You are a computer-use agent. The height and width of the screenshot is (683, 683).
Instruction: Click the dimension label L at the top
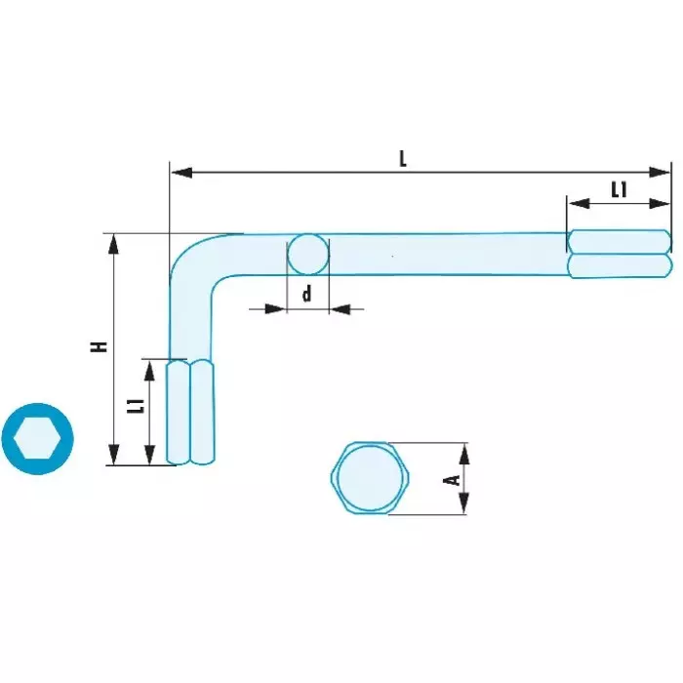point(403,159)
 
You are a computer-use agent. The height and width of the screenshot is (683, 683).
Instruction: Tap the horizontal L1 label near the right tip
point(619,190)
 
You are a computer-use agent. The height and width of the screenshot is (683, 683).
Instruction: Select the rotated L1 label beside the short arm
point(139,406)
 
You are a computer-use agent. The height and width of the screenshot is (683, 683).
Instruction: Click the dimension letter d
point(307,294)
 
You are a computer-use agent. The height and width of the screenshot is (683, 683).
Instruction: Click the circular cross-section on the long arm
point(308,255)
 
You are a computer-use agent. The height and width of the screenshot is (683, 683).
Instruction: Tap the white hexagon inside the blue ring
point(37,439)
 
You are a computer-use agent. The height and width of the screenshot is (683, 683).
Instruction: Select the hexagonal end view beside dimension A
point(370,478)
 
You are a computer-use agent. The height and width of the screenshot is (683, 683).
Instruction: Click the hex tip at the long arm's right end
point(620,254)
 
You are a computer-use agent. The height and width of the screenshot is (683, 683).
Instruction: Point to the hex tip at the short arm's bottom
point(190,412)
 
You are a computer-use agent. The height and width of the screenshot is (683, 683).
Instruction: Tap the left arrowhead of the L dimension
point(181,172)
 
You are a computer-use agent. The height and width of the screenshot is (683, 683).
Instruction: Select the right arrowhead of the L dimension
point(660,172)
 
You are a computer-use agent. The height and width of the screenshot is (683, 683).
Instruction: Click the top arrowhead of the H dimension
point(114,244)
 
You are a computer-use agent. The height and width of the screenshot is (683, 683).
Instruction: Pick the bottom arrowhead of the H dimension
point(114,455)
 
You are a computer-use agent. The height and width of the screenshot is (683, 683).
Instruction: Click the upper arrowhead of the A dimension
point(464,454)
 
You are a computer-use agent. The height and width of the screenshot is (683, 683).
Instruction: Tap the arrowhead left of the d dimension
point(275,309)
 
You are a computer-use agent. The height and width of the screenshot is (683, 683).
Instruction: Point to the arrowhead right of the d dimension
point(341,309)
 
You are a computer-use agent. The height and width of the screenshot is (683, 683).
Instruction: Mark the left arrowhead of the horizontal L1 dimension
point(579,203)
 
